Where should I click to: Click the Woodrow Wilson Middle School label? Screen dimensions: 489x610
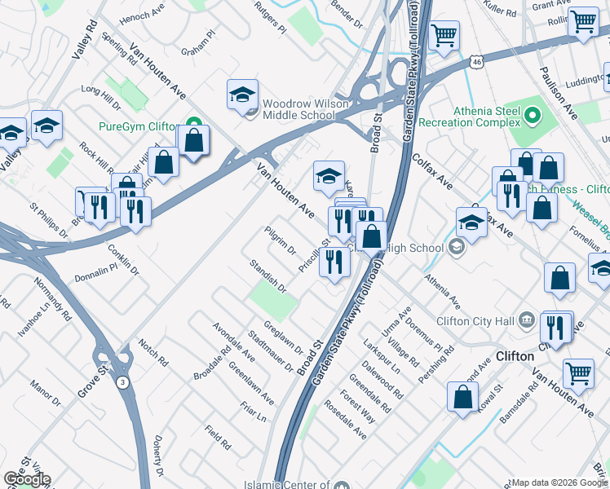click(x=298, y=110)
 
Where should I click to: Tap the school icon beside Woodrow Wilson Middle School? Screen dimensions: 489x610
click(x=242, y=96)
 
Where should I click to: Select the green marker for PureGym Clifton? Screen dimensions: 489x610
click(x=194, y=126)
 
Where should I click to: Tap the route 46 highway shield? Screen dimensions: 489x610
click(x=477, y=61)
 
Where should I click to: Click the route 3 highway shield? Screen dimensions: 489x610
click(x=122, y=381)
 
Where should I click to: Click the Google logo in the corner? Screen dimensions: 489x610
click(x=27, y=479)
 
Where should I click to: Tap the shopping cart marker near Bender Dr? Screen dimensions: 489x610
click(x=444, y=36)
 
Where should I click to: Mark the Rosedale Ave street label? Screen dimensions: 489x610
click(x=345, y=420)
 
